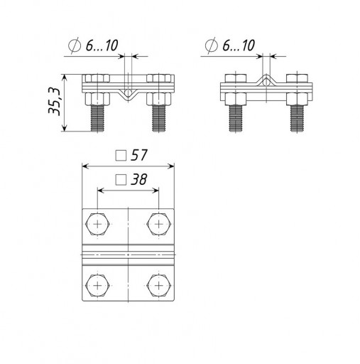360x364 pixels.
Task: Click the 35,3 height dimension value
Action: tap(54, 102)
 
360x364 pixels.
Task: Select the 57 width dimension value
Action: tap(139, 155)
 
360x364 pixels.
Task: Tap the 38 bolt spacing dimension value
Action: tap(139, 179)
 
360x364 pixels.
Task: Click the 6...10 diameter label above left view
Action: tap(102, 45)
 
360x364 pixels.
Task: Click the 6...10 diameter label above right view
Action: tap(239, 45)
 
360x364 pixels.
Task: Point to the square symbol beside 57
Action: tap(121, 156)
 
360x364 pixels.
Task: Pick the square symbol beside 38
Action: tap(121, 180)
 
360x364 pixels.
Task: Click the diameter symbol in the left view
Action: tap(75, 45)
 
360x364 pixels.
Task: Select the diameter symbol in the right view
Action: tap(212, 45)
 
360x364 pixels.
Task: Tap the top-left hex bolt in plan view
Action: tap(97, 224)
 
